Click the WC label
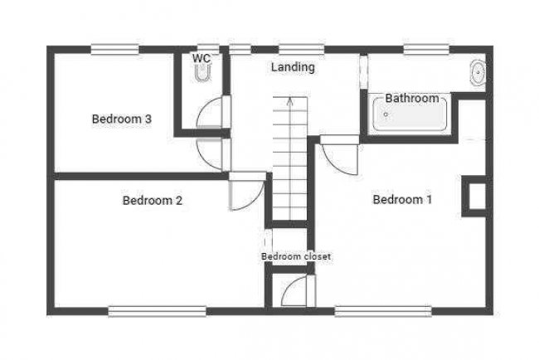click(x=201, y=58)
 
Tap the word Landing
click(x=293, y=67)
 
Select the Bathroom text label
click(x=412, y=99)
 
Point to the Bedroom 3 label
click(x=121, y=119)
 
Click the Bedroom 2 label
click(x=152, y=200)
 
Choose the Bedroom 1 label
click(x=402, y=199)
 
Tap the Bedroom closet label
click(x=296, y=257)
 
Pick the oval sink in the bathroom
click(x=478, y=74)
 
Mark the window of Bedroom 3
click(x=114, y=49)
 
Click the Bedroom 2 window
click(x=157, y=311)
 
